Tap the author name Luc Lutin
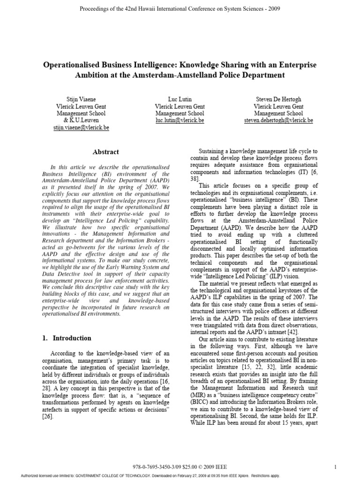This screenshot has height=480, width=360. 180,100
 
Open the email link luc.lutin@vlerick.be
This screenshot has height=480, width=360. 180,120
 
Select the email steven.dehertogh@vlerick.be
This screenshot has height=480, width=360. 278,120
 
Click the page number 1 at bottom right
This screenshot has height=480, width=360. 336,466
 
